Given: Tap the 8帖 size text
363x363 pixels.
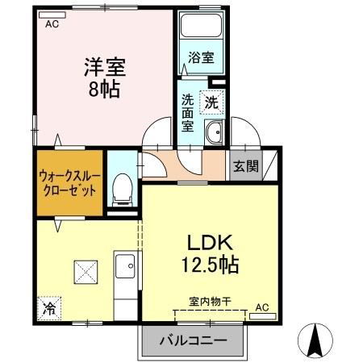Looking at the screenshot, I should (x=104, y=88).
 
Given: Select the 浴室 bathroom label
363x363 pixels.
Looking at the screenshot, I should (x=201, y=57).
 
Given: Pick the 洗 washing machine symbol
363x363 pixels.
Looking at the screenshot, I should (x=211, y=102).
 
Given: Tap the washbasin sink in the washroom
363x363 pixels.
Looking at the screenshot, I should (x=214, y=134).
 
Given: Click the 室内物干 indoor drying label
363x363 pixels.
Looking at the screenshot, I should (x=210, y=301).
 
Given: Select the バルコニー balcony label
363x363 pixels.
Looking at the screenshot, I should (x=193, y=341).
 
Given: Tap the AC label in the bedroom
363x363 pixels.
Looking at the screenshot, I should (x=52, y=25).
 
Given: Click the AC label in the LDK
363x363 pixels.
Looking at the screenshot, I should (x=262, y=307).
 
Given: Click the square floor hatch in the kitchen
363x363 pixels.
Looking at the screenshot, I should (x=84, y=268).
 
